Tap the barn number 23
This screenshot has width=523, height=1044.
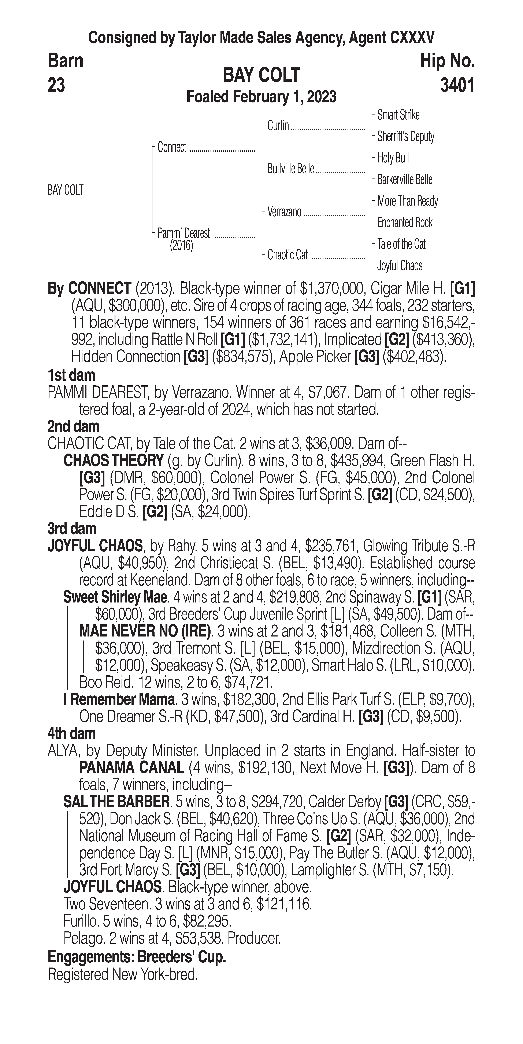coord(56,86)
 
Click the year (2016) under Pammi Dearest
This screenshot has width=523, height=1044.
coord(182,246)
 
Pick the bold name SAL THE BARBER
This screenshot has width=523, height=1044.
coord(116,801)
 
